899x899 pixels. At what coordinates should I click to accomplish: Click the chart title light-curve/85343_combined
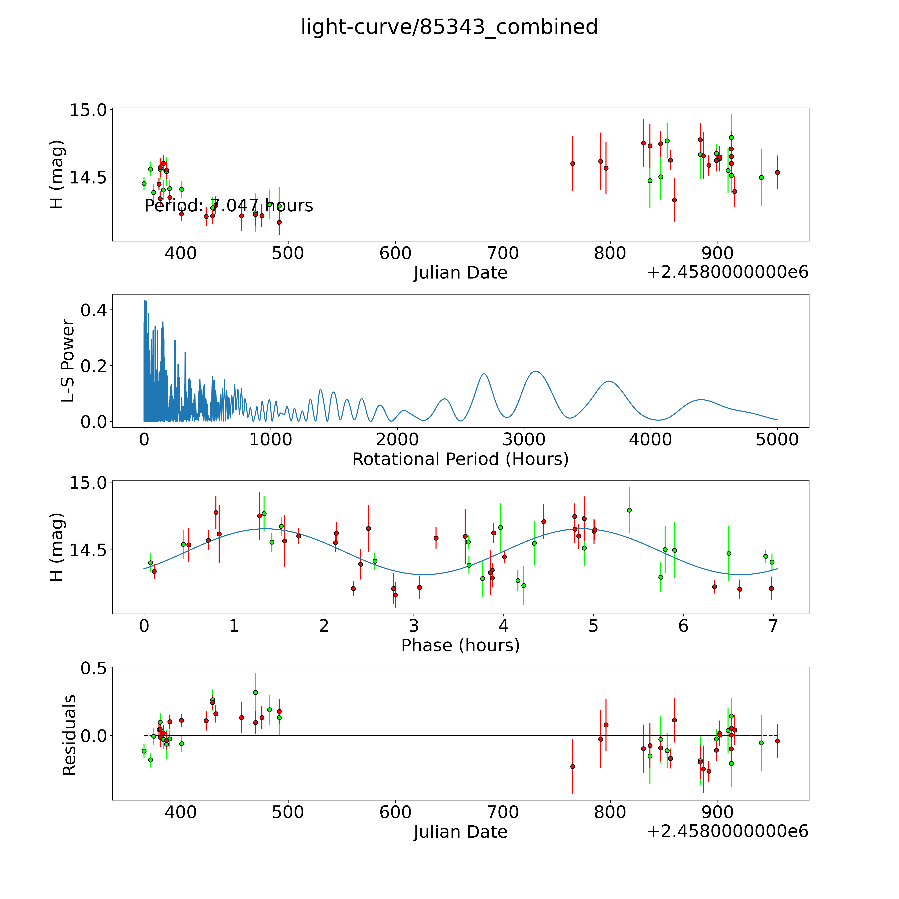click(449, 27)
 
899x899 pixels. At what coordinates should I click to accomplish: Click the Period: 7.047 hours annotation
click(228, 206)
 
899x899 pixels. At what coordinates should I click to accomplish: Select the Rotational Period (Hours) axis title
click(460, 459)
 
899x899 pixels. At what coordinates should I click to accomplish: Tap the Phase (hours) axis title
click(460, 645)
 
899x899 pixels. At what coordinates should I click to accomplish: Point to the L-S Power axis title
click(68, 361)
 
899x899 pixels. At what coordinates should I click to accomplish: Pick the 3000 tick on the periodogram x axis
click(524, 440)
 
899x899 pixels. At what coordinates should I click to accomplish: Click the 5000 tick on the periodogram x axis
click(777, 440)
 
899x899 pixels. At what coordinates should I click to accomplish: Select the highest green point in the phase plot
click(629, 510)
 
